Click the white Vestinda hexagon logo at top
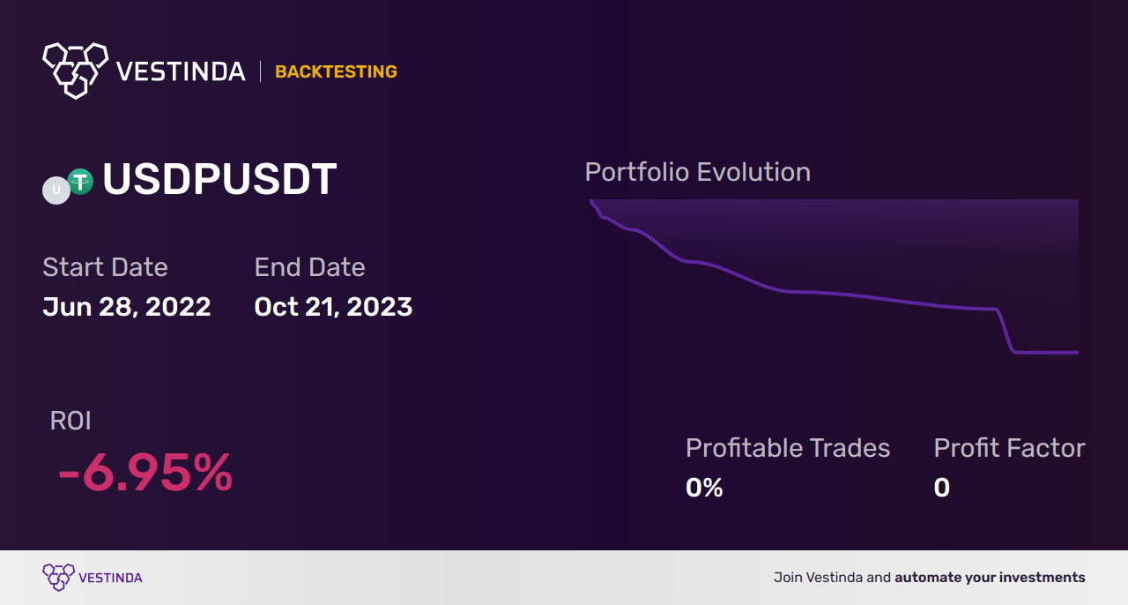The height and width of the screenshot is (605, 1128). click(x=76, y=71)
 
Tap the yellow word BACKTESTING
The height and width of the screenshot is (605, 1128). click(x=336, y=71)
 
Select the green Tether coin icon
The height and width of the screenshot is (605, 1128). click(x=80, y=182)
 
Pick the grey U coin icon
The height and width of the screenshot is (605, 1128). click(x=56, y=190)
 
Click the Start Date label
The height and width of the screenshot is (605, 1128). click(x=105, y=266)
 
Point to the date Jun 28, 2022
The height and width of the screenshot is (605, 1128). click(x=126, y=307)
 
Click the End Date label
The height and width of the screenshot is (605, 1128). click(x=309, y=266)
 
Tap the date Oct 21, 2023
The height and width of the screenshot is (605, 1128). click(x=333, y=307)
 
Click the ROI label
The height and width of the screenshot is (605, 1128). click(x=70, y=421)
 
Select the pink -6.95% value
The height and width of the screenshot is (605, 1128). click(x=145, y=472)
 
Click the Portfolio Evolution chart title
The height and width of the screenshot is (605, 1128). click(x=697, y=172)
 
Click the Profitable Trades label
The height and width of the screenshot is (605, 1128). click(x=788, y=448)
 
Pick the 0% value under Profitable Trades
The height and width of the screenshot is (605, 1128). click(x=704, y=488)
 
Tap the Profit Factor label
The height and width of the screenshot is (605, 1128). click(x=1009, y=448)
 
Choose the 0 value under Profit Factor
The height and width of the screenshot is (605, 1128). click(x=942, y=488)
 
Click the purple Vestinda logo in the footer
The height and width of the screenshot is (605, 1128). click(x=93, y=578)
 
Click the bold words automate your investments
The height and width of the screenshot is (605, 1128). click(x=990, y=578)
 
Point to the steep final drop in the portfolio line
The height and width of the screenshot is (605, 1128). click(x=1006, y=330)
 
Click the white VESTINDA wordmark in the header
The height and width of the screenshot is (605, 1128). click(x=181, y=71)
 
